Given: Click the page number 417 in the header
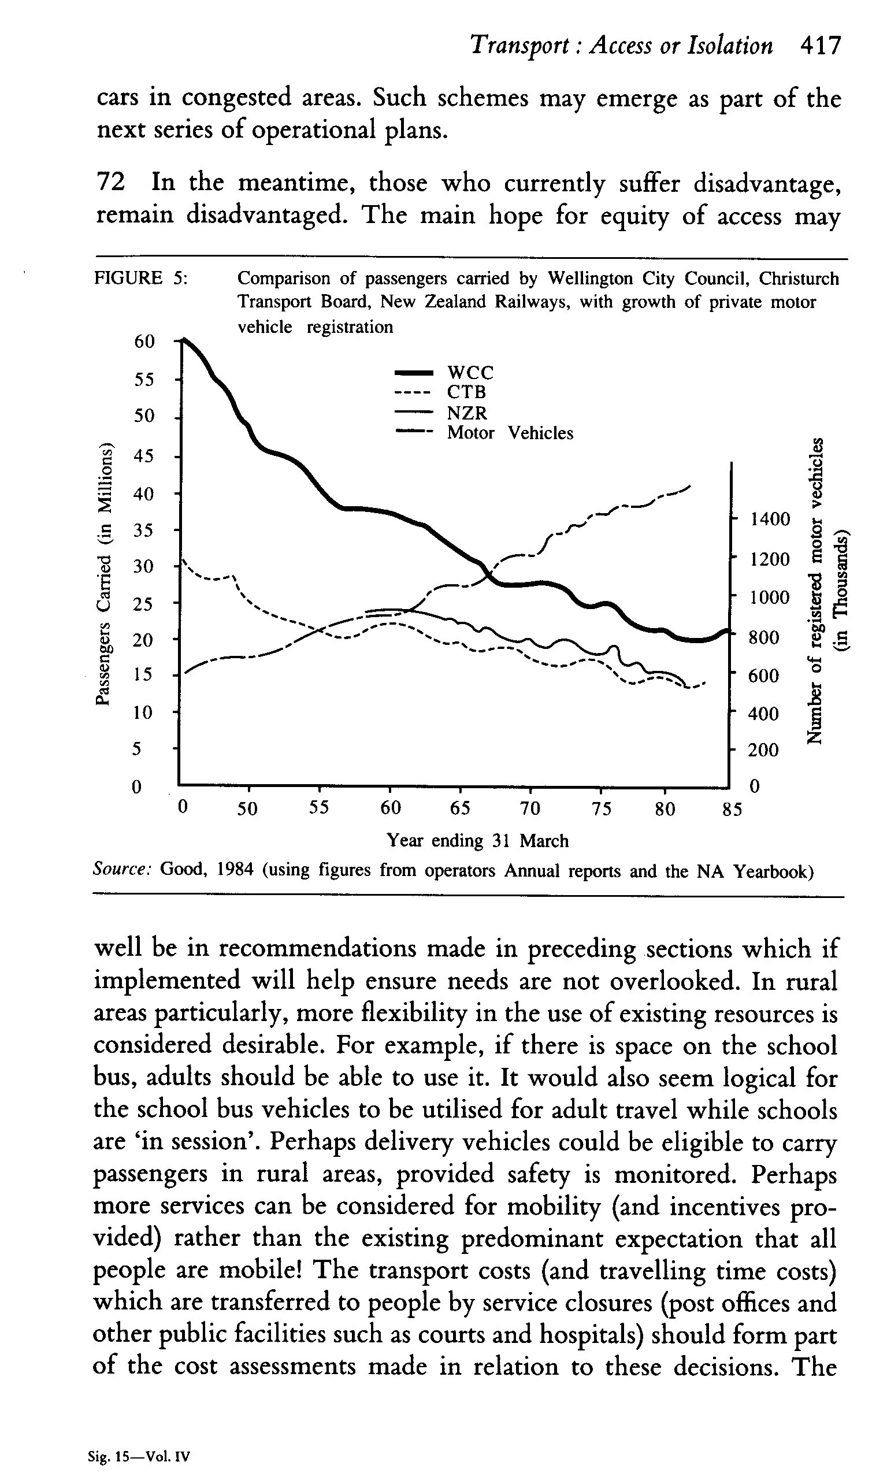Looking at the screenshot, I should tap(821, 46).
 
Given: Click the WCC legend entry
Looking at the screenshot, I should tap(470, 373).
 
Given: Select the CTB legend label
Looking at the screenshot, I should tap(466, 393).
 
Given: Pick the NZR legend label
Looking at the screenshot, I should tap(467, 413).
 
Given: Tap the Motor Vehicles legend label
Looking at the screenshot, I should tap(510, 433).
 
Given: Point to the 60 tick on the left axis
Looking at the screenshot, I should tap(144, 342).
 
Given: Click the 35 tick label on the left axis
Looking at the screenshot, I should tap(144, 530).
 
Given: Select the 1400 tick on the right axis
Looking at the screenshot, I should tap(770, 519).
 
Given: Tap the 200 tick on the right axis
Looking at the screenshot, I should tap(763, 750).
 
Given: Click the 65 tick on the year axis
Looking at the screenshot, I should tap(459, 809).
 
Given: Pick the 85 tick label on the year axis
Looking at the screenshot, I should tap(731, 810).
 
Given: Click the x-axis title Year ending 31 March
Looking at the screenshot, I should tap(477, 841).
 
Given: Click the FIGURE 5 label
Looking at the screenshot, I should tap(141, 278).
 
